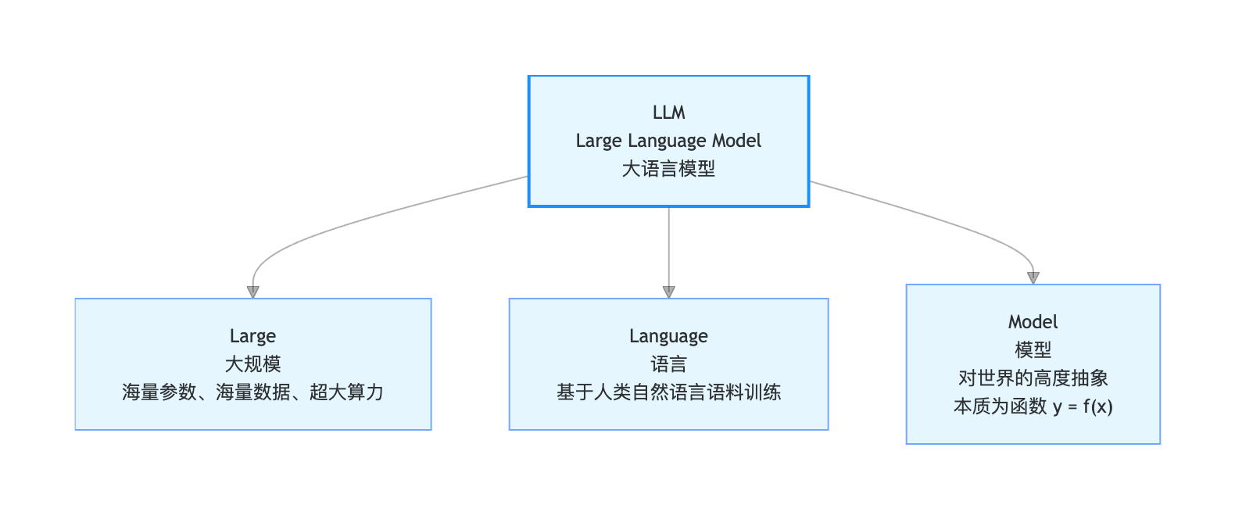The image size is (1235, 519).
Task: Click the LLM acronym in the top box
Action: point(669,113)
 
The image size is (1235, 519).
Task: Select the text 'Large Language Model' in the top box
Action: point(668,141)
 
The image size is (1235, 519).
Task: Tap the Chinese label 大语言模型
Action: point(668,169)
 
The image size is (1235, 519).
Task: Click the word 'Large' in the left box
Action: point(252,336)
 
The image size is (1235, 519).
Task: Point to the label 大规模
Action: point(253,364)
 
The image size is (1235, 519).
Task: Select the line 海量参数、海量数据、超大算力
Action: point(252,392)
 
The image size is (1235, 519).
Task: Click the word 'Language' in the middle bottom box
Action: point(668,336)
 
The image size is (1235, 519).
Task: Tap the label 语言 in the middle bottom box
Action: point(668,364)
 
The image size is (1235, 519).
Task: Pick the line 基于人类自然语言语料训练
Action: point(668,392)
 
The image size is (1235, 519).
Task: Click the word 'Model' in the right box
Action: point(1033,322)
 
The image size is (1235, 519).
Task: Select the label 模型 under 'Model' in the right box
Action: point(1033,349)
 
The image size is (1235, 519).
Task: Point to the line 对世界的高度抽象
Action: point(1033,378)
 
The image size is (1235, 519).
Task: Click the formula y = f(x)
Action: point(1083,406)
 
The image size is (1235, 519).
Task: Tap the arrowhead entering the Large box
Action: point(253,292)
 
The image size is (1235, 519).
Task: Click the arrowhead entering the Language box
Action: point(669,292)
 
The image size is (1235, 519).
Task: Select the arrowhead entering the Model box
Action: point(1033,278)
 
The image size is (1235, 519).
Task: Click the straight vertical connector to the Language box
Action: point(669,247)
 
